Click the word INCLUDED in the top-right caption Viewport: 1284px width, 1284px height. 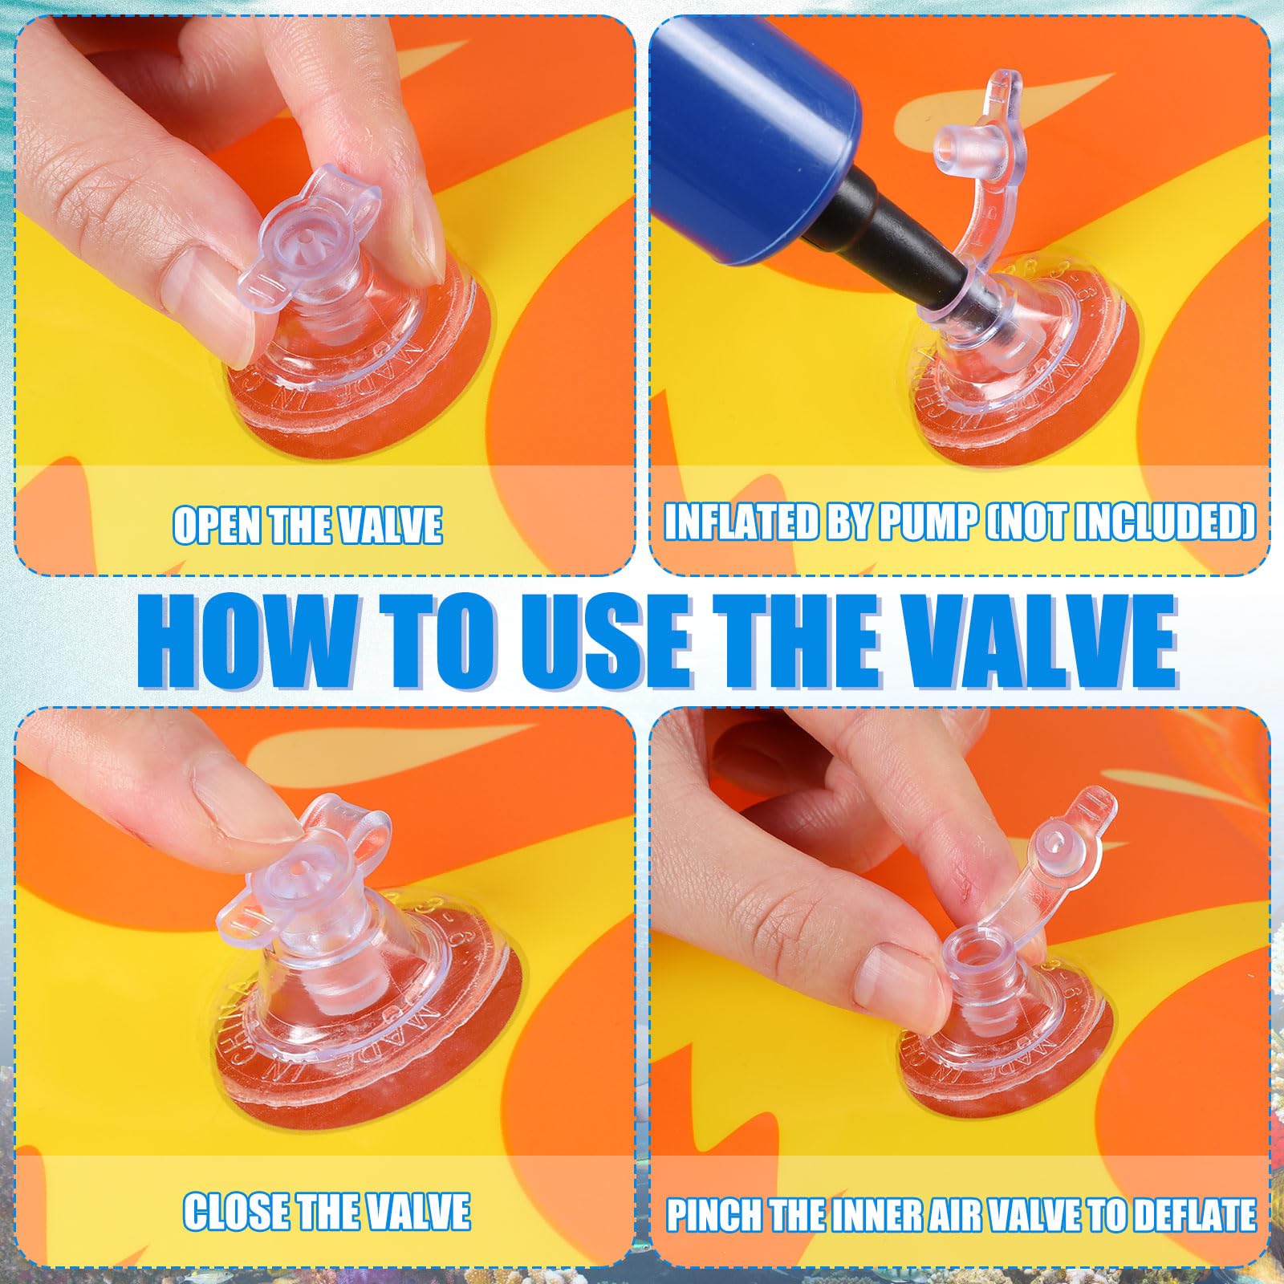[x=1164, y=523]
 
